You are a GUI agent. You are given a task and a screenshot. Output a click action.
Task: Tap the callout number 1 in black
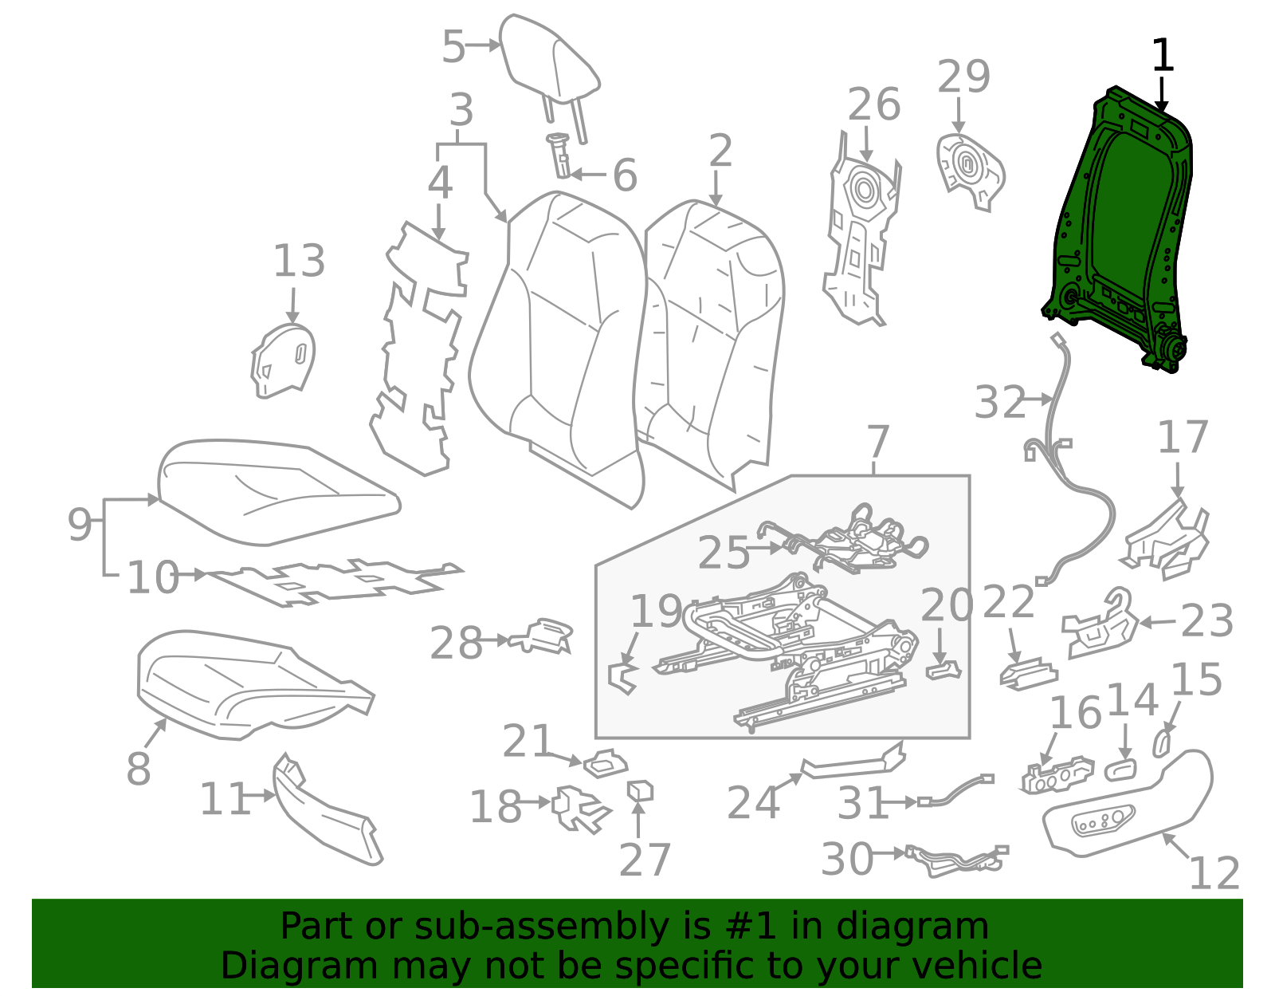point(1163,57)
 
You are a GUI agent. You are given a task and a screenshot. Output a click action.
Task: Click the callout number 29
point(963,77)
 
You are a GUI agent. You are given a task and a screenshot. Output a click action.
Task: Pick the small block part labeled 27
point(641,791)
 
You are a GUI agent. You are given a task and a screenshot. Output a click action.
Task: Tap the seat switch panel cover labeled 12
point(1132,805)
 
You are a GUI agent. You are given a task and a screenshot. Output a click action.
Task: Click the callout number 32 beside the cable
point(1000,403)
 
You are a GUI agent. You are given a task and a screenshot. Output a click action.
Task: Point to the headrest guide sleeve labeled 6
point(560,156)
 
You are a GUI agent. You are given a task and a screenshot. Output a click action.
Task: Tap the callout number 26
point(873,105)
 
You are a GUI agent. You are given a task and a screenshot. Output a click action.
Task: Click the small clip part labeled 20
point(943,670)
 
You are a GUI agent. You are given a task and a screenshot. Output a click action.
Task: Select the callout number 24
point(753,803)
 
